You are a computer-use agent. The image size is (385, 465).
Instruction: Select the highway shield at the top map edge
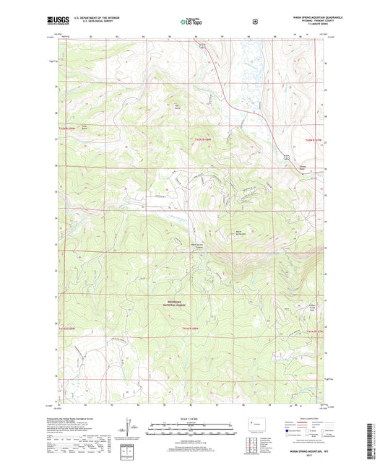pos(203,45)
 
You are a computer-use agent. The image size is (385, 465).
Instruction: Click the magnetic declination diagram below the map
pos(130,430)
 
